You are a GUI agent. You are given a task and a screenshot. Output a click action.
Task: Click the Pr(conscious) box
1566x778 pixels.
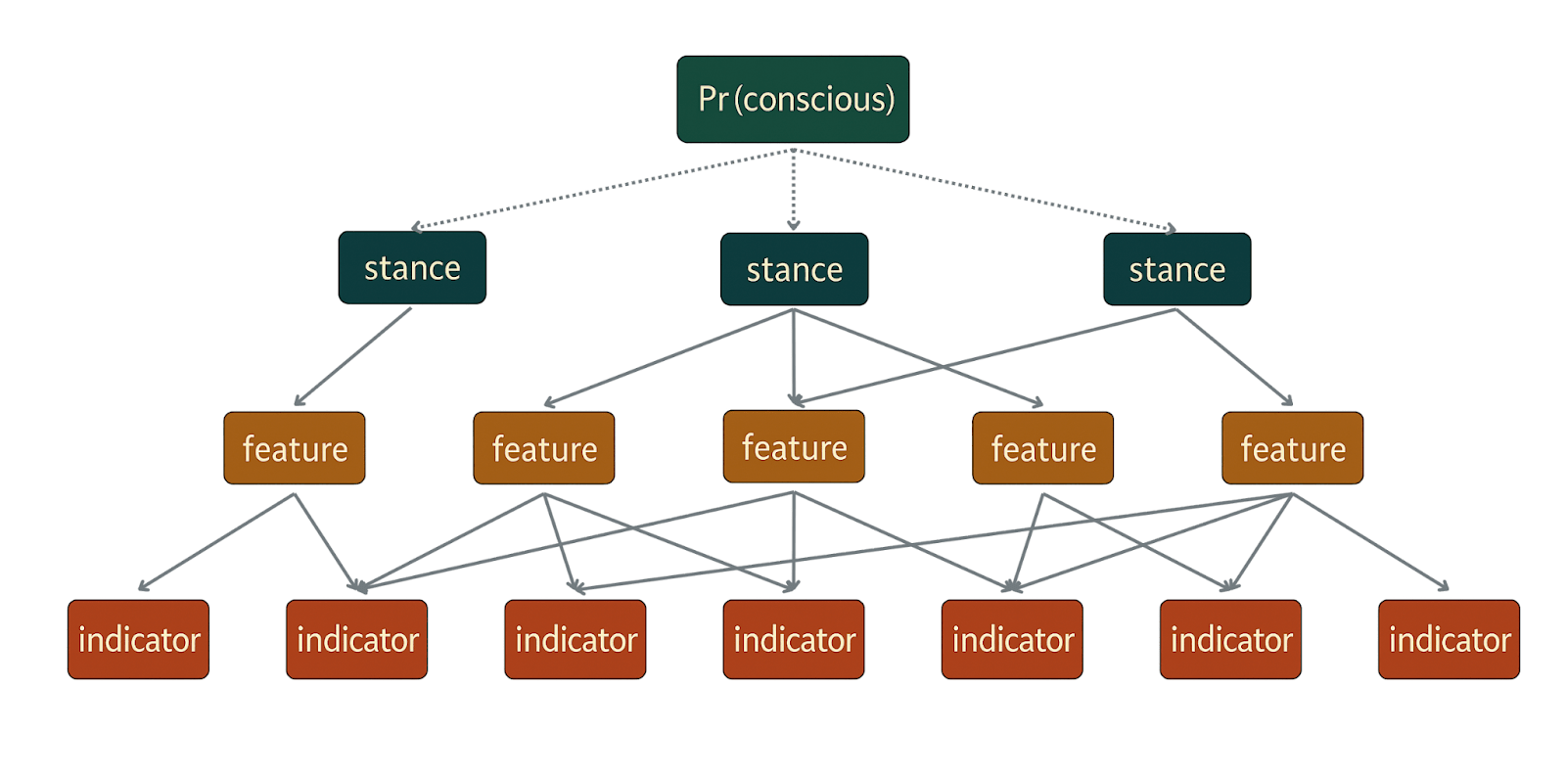[793, 99]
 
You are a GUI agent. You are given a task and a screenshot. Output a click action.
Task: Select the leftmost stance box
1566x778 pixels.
[412, 267]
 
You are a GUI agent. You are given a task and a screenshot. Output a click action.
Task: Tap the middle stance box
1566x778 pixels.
[794, 269]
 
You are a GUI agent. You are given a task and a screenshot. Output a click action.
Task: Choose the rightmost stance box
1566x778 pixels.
[1176, 269]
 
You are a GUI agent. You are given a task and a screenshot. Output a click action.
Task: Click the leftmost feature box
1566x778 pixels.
[295, 448]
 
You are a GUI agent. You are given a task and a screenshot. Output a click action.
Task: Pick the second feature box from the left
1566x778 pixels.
[544, 448]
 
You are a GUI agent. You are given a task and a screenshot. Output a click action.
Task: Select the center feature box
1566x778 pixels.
[794, 446]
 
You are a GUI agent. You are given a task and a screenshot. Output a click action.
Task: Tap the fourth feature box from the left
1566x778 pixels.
[1042, 448]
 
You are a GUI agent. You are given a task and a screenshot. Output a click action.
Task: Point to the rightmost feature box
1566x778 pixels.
[1292, 448]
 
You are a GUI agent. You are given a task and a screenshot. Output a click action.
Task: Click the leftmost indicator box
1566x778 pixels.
[138, 639]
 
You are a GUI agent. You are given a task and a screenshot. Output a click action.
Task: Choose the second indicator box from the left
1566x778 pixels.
[357, 639]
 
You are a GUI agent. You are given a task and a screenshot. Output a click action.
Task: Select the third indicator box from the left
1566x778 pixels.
[576, 639]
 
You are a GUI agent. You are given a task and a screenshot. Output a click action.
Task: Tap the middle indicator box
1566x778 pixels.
[794, 639]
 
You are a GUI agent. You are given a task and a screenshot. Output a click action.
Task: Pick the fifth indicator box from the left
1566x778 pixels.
[1012, 639]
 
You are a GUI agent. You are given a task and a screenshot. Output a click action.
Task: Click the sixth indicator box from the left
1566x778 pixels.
[1230, 639]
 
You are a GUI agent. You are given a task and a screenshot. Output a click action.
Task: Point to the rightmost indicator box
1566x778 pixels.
[1449, 639]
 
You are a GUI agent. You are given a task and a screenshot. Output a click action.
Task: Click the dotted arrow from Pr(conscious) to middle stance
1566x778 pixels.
[794, 190]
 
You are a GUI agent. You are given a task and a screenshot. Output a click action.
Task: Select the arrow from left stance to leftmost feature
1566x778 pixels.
[353, 356]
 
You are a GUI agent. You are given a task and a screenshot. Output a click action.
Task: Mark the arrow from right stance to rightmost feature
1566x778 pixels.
[1233, 356]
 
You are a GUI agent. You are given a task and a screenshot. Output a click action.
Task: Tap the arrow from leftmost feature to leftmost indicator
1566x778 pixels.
[216, 542]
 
